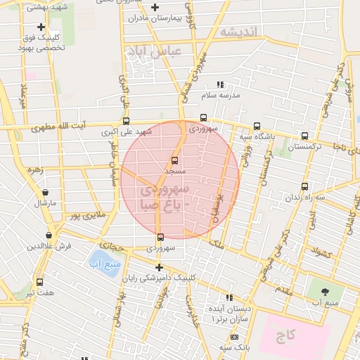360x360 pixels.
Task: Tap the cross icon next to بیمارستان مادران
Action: point(155,7)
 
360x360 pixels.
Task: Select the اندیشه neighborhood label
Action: point(238,31)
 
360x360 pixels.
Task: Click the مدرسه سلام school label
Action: point(221,94)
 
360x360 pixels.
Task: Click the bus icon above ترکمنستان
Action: point(304,136)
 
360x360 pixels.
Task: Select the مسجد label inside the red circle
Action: point(174,171)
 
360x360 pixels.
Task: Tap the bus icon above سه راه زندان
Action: point(304,186)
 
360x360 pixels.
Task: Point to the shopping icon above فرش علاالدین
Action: point(49,235)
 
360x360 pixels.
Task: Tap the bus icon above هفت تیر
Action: point(39,281)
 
